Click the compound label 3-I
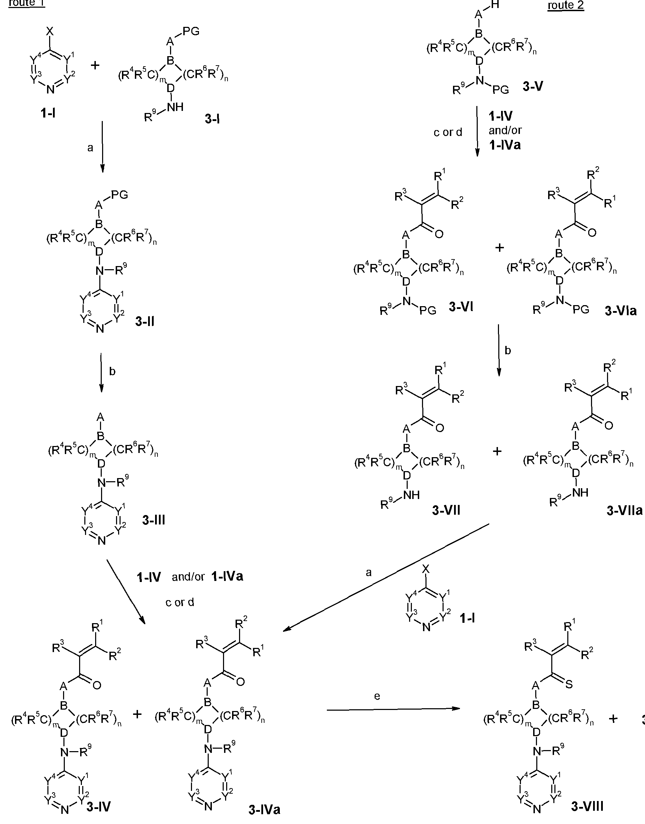coord(212,119)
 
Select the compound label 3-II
coord(145,322)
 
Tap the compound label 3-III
coord(154,520)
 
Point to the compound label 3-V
coord(533,86)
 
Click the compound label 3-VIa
coord(621,311)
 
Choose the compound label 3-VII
coord(446,511)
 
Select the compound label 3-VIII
coord(587,806)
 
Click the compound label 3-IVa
coord(264,810)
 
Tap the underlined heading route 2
coord(566,6)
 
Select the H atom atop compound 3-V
coord(496,5)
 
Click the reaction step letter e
coord(377,696)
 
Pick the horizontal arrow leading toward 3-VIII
coord(393,709)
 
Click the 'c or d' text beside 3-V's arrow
coord(448,132)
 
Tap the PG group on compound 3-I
coord(191,31)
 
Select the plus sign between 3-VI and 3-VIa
coord(499,248)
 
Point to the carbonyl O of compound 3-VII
coord(439,429)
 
